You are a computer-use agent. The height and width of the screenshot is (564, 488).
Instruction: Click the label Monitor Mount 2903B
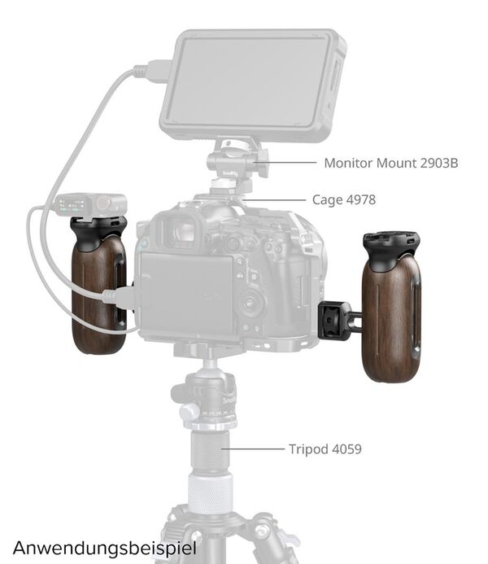(390, 163)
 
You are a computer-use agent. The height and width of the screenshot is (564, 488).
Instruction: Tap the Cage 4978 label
(343, 199)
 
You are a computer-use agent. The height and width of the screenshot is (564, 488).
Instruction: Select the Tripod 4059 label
(325, 448)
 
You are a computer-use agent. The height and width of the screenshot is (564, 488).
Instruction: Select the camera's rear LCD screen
(185, 293)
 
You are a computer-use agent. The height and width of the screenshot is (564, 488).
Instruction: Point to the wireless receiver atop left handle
(89, 204)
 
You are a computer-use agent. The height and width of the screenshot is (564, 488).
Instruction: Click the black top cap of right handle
(391, 246)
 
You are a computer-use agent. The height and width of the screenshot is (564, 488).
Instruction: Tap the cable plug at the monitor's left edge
(155, 72)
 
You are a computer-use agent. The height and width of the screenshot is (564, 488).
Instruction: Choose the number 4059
(345, 448)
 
